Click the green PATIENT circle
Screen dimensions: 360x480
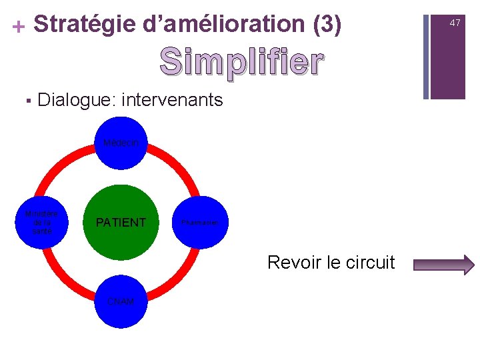121,222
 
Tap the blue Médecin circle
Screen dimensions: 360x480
121,142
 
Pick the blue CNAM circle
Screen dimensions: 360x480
121,302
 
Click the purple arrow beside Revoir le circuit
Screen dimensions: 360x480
444,265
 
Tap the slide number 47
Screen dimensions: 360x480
455,23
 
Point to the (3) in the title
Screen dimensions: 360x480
327,24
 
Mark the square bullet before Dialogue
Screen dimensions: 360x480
27,101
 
